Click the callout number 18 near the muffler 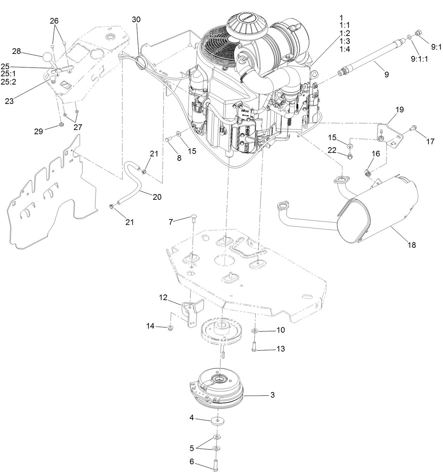point(411,245)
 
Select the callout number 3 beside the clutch point(272,395)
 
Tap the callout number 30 point(136,20)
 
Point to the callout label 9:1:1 point(419,60)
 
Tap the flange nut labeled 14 point(170,328)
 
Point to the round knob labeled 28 point(48,56)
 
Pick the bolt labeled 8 point(168,140)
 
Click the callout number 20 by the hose point(157,197)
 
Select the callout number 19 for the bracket point(399,110)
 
